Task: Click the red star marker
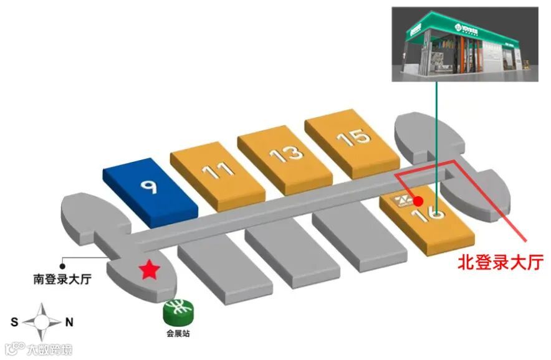point(149,270)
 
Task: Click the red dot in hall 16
point(418,201)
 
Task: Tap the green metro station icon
point(178,310)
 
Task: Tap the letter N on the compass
point(70,322)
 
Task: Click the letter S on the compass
point(14,322)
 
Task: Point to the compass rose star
point(42,322)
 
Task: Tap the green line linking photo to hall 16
point(436,137)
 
